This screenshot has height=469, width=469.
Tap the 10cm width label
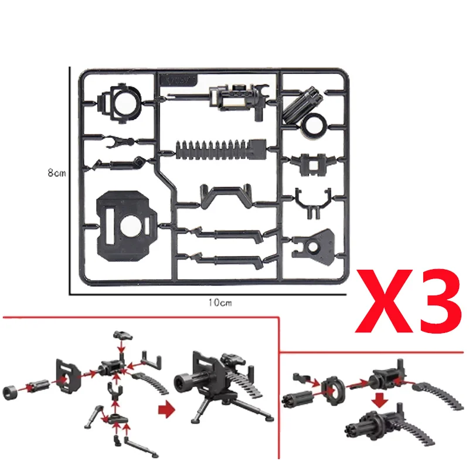click(218, 302)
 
